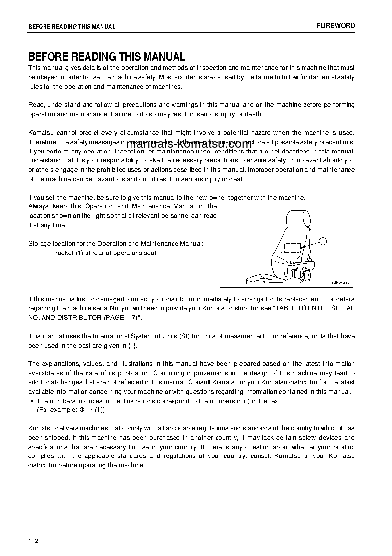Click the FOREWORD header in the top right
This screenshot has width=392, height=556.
point(336,26)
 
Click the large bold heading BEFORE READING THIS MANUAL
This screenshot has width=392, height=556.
point(107,57)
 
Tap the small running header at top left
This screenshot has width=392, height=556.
point(72,27)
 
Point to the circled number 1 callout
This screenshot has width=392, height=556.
point(323,241)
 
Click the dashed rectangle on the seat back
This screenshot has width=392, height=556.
point(292,248)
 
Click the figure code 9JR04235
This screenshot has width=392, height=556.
point(340,282)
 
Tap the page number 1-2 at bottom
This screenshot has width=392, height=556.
point(33,541)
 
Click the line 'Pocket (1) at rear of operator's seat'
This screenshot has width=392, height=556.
point(105,253)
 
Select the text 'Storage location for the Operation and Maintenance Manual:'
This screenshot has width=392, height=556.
point(116,244)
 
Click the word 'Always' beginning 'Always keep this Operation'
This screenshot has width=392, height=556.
point(38,206)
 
